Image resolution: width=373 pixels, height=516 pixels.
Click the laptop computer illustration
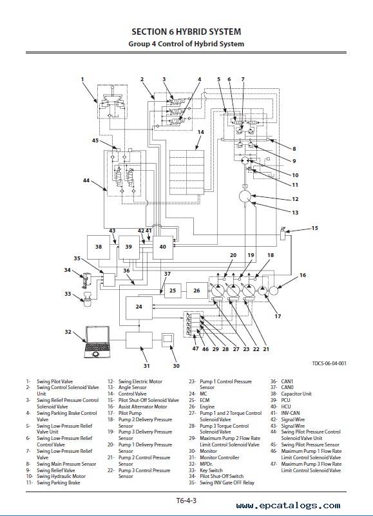97,341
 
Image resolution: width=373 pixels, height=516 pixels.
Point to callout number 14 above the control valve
200,132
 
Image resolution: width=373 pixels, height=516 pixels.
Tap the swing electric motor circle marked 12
245,196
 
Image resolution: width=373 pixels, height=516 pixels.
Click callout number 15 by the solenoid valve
315,228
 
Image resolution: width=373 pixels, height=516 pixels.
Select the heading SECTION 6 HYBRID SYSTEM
186,32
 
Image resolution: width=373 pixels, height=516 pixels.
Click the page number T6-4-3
186,501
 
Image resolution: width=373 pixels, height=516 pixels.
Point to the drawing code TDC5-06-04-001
329,363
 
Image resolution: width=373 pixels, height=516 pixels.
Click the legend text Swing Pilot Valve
55,382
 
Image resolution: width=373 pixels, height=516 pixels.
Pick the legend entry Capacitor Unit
296,394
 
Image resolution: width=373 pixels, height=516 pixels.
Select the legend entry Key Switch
211,470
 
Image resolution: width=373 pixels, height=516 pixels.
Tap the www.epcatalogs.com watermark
288,506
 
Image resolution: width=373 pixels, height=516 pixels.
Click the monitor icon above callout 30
168,340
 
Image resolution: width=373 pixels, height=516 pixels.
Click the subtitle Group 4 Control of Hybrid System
186,44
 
